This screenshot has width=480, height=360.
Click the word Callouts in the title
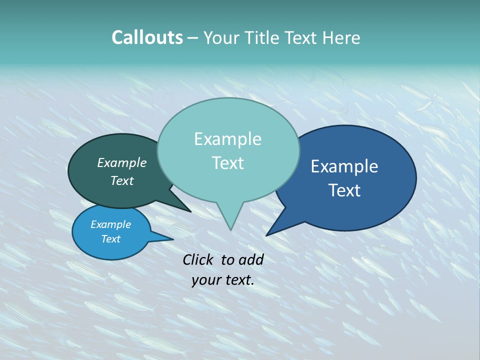[147, 37]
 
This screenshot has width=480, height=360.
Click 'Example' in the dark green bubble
[121, 163]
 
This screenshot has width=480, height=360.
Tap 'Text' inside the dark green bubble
[121, 181]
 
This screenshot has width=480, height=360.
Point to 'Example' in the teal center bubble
[227, 139]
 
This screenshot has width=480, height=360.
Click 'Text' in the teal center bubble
[227, 163]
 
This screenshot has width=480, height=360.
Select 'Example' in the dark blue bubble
[344, 166]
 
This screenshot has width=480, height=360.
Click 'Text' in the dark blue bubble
[344, 190]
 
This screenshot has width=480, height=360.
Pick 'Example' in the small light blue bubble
[110, 224]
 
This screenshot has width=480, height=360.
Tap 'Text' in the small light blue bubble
[110, 239]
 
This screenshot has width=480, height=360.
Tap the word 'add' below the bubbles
[251, 259]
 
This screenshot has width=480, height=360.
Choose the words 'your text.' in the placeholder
[223, 280]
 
